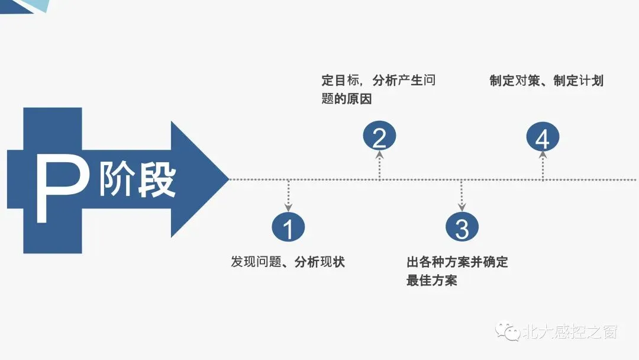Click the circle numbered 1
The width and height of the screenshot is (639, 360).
tap(288, 227)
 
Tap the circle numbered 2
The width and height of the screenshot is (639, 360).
tap(379, 137)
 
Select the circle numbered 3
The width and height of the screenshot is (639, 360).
tap(462, 227)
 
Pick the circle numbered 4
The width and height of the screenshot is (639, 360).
tap(543, 139)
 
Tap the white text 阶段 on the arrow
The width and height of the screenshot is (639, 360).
tap(137, 179)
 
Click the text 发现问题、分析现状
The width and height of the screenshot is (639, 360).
tap(288, 262)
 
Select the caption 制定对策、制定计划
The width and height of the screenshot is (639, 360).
tap(546, 81)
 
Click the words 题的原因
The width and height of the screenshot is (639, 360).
tap(347, 99)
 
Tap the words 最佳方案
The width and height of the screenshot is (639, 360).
tap(432, 280)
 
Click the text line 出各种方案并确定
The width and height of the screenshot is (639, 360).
tap(457, 262)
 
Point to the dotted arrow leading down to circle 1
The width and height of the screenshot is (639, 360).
tap(288, 195)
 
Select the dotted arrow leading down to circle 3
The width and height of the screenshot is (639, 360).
tap(462, 195)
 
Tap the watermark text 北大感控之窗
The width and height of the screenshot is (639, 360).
tap(570, 332)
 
